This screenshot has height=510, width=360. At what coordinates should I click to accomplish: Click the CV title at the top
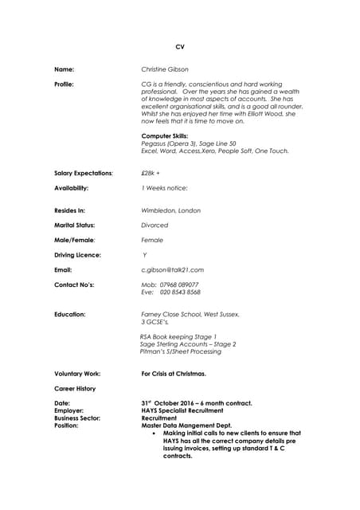tap(179, 48)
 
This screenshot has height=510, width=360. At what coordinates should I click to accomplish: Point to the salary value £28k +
tap(150, 172)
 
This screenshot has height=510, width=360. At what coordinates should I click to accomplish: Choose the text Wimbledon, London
tap(170, 210)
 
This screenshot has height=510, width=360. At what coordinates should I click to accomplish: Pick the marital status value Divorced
tap(155, 226)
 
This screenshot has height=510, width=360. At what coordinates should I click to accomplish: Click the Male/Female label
tap(75, 240)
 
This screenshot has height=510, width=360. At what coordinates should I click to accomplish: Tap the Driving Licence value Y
tap(144, 255)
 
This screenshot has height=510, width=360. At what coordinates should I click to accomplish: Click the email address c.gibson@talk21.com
tap(172, 270)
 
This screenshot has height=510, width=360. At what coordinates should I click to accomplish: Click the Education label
tap(69, 314)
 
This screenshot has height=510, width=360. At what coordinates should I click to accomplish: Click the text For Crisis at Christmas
tap(174, 373)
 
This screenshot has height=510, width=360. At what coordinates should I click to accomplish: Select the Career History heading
tap(75, 388)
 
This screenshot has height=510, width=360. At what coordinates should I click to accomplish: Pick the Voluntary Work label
tap(77, 373)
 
